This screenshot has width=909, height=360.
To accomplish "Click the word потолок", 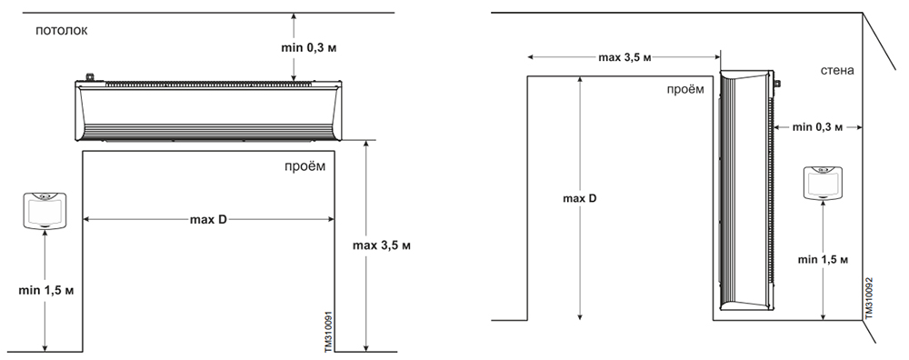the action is point(62,31).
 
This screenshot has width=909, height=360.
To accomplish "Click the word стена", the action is point(837,71).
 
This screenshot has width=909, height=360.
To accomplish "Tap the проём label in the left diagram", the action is point(305,166).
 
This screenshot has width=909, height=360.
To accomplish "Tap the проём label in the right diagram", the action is point(685,89).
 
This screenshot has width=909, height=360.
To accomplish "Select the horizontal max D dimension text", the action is point(208,220).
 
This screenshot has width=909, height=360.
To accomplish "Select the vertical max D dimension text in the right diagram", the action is point(580,198).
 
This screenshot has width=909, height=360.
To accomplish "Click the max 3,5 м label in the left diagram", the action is point(382,245).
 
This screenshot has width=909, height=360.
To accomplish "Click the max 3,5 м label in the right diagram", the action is point(624,57).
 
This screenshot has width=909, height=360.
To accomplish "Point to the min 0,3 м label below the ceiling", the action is point(309,47).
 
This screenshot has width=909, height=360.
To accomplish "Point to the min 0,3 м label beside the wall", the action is point(817,127).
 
